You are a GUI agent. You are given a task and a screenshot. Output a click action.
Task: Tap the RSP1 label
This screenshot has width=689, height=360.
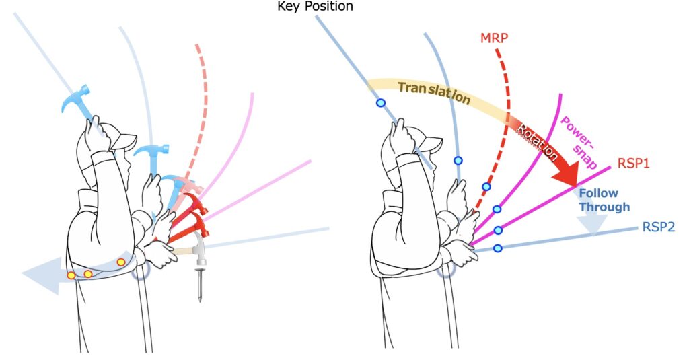coord(632,163)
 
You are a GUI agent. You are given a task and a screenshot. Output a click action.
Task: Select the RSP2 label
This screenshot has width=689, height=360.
coord(658,227)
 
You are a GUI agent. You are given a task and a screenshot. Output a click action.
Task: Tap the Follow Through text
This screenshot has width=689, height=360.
coord(604,201)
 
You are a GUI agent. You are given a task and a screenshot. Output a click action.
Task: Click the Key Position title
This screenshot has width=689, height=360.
coord(314,7)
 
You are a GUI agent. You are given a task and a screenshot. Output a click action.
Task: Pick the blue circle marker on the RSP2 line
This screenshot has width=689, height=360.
coord(498,249)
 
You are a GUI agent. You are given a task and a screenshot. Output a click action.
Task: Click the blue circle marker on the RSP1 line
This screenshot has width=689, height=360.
coord(498,230)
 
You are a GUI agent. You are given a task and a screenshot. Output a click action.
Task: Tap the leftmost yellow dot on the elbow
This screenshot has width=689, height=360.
coord(71,275)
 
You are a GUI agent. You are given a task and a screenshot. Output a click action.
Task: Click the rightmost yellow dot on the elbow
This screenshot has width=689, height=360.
coord(121,262)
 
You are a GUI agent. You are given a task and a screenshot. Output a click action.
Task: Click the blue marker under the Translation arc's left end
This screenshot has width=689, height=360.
coord(380,103)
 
